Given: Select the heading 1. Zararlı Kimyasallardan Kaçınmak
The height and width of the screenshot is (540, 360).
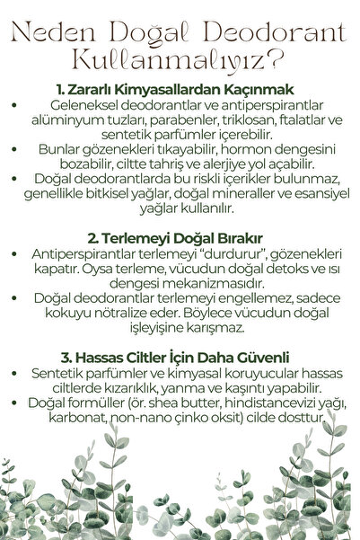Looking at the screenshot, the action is click(180, 91).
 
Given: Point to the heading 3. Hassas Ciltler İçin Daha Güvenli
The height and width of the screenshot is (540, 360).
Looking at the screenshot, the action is click(180, 356).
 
